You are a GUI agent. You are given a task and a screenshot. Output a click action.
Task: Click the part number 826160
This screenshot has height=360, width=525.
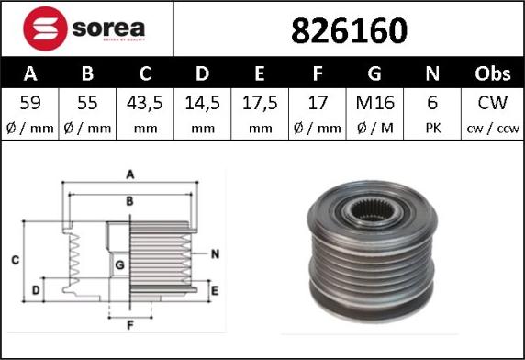[349, 31]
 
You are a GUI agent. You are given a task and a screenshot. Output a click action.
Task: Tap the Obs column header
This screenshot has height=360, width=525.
[492, 73]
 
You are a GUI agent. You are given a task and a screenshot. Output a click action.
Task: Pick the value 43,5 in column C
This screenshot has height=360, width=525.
[145, 103]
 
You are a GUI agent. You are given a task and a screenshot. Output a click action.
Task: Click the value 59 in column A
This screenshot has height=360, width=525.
[29, 103]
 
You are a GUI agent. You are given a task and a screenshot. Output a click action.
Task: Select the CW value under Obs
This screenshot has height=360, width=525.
[492, 103]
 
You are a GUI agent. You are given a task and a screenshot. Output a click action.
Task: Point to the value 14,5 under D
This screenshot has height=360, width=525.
[203, 103]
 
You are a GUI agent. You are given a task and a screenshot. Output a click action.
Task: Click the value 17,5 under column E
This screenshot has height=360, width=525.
[261, 103]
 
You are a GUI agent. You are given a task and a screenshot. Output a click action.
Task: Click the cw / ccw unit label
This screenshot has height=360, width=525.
[492, 129]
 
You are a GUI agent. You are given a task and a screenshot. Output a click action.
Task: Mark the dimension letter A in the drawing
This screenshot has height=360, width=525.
[130, 174]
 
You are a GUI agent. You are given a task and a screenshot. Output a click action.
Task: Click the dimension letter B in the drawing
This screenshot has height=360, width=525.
[130, 199]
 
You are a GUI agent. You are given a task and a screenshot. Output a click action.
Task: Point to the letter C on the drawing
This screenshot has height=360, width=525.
[16, 262]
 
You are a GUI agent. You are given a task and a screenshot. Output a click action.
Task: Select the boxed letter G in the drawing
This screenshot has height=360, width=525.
[119, 266]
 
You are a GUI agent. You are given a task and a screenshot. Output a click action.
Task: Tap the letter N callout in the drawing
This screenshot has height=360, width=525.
[214, 253]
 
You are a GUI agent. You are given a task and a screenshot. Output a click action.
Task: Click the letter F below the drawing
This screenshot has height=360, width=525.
[129, 324]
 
